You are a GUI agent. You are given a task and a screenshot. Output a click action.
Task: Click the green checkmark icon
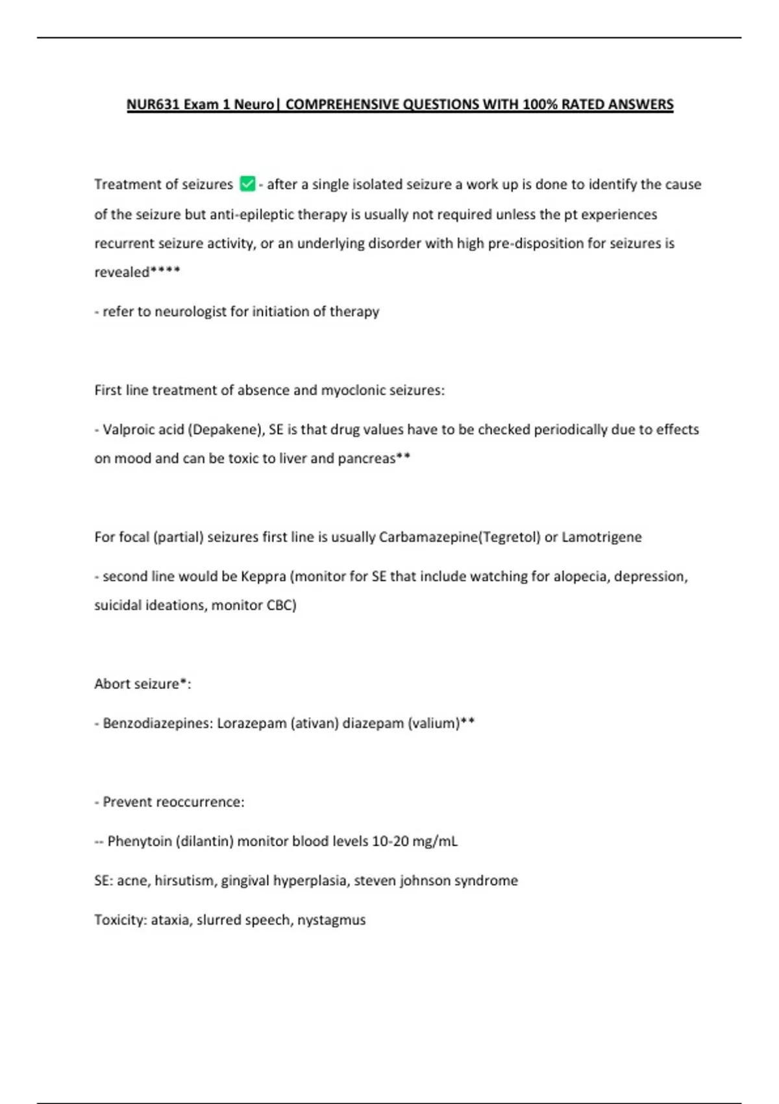tap(247, 184)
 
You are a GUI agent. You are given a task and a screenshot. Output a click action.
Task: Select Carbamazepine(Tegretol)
tap(460, 538)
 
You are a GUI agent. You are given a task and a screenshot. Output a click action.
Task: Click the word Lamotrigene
tap(601, 538)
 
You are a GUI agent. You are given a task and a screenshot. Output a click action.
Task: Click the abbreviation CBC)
tap(281, 606)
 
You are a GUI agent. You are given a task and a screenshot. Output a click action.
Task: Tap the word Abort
tap(113, 684)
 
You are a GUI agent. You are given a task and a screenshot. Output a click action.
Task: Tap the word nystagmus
tap(331, 920)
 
